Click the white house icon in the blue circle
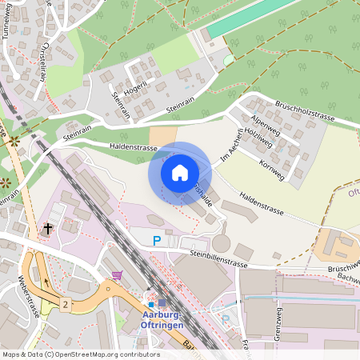pos(180,172)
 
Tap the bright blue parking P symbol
pos(157,240)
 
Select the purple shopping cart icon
pos(118,275)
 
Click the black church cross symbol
pos(48,229)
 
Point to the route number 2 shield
pos(66,303)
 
